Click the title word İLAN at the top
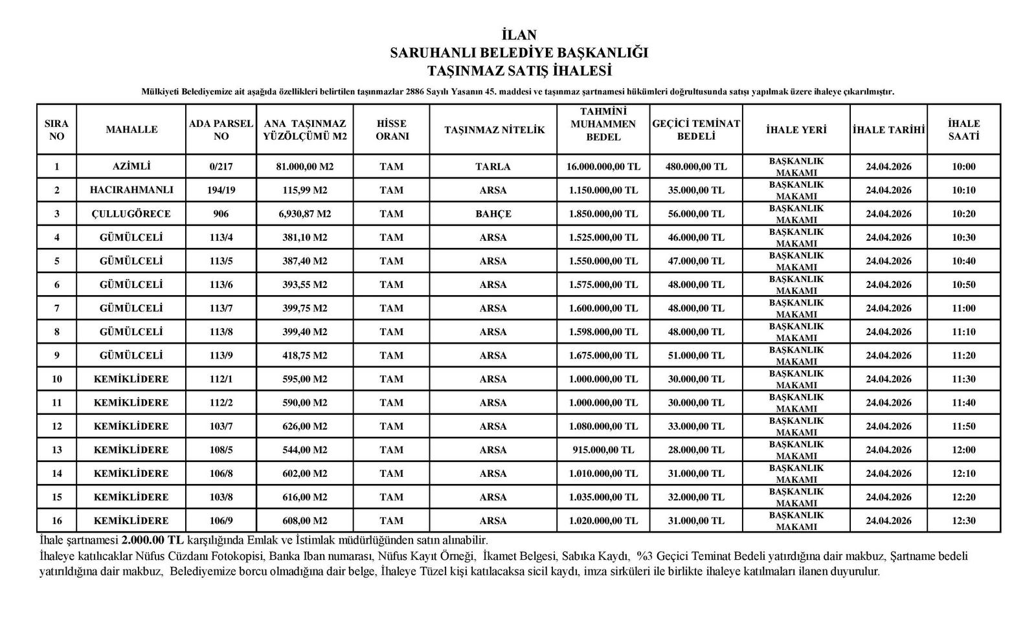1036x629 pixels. point(519,35)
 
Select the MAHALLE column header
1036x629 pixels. point(131,129)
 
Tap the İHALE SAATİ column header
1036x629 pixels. point(963,129)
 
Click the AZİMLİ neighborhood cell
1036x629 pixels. point(131,166)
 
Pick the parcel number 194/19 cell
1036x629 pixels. point(221,190)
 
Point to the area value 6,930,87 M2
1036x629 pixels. point(304,214)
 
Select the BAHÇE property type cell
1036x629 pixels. point(493,214)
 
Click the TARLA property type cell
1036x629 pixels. point(493,166)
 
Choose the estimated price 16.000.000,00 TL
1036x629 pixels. point(603,166)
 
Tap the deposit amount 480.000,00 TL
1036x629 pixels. point(696,166)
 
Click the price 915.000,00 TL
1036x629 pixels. point(603,450)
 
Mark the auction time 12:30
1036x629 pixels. point(963,520)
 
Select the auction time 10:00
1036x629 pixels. point(963,166)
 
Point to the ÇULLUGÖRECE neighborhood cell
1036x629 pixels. point(131,214)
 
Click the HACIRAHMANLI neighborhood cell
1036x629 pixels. point(131,190)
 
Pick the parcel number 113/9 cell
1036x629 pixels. point(221,355)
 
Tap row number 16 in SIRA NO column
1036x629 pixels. point(57,520)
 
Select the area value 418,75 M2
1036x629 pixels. point(304,355)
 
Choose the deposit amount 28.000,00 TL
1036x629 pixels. point(696,450)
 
